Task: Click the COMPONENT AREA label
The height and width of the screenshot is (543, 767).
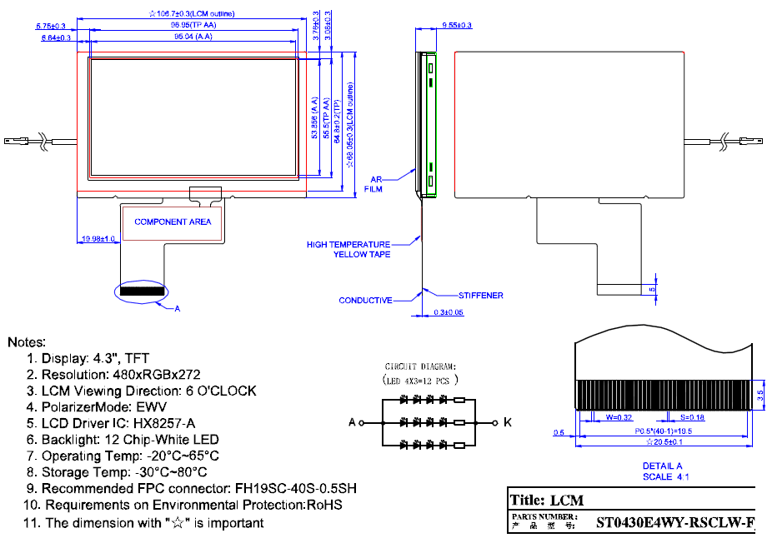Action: pyautogui.click(x=173, y=222)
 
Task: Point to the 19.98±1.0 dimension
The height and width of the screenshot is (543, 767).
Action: pyautogui.click(x=98, y=239)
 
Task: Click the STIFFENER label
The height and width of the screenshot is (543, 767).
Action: pyautogui.click(x=480, y=296)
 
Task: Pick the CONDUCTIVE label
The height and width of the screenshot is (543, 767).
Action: pyautogui.click(x=365, y=301)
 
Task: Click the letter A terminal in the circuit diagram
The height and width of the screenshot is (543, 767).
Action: pyautogui.click(x=352, y=423)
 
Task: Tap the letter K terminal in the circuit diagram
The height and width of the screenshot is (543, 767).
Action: pyautogui.click(x=508, y=423)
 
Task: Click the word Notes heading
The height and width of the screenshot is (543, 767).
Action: pyautogui.click(x=26, y=342)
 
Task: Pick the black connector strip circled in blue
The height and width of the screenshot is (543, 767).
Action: pyautogui.click(x=142, y=291)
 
